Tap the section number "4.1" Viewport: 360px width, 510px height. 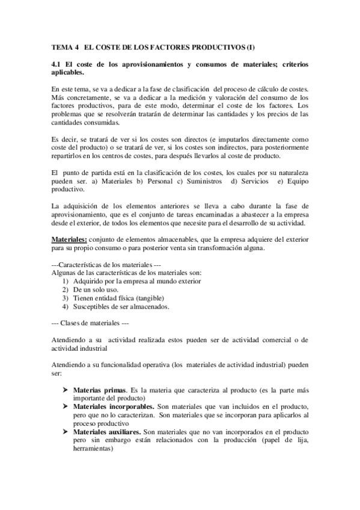coord(58,64)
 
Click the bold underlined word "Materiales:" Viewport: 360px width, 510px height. coord(70,239)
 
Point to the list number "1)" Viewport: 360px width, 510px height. coord(66,281)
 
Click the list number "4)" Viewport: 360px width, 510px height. coord(66,306)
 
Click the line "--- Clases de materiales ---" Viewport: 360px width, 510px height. coord(87,323)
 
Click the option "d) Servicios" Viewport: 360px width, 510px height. coord(249,182)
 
